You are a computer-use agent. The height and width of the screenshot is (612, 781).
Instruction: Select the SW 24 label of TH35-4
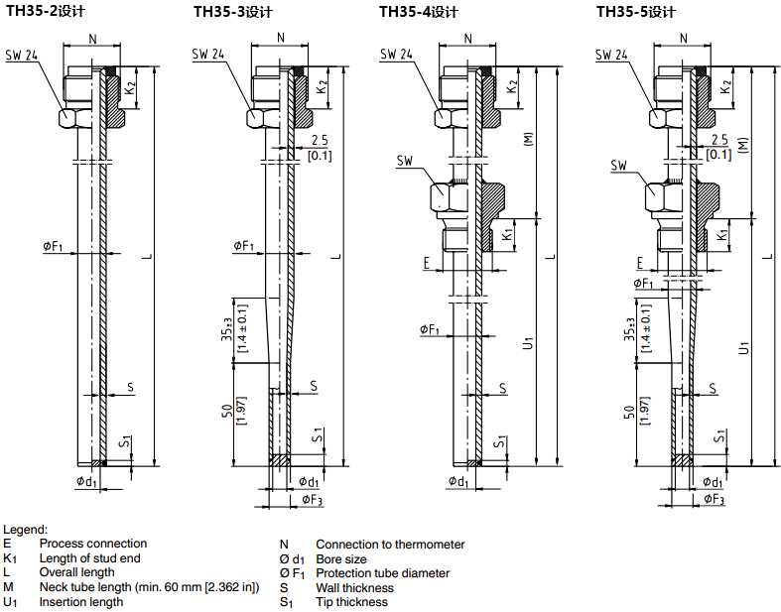(398, 55)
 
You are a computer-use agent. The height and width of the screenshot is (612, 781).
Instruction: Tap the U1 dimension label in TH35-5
(743, 348)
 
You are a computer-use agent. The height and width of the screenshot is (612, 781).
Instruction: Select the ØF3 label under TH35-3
(311, 500)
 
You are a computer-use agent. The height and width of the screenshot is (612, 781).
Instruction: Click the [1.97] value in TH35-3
(242, 411)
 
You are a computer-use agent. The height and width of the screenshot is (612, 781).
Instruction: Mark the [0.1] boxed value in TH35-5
(717, 154)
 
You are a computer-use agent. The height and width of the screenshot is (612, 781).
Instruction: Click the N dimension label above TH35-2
(92, 39)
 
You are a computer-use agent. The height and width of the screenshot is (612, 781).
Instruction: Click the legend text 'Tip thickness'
(351, 602)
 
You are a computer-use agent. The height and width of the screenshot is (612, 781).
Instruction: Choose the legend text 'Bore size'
(340, 558)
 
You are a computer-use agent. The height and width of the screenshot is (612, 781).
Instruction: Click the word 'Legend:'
(25, 530)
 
